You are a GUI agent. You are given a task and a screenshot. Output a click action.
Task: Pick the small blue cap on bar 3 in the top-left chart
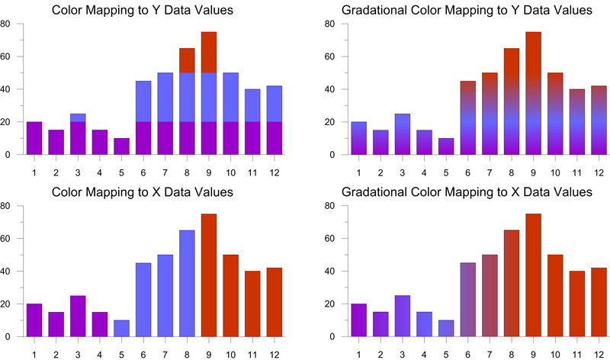point(78,117)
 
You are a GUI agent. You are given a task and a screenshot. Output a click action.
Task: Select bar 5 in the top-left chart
point(121,146)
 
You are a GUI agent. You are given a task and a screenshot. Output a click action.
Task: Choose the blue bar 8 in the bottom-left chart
point(187,283)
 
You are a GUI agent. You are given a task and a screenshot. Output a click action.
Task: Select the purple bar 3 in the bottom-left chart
point(78,316)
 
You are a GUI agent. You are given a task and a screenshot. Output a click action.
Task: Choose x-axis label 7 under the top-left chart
point(165,171)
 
